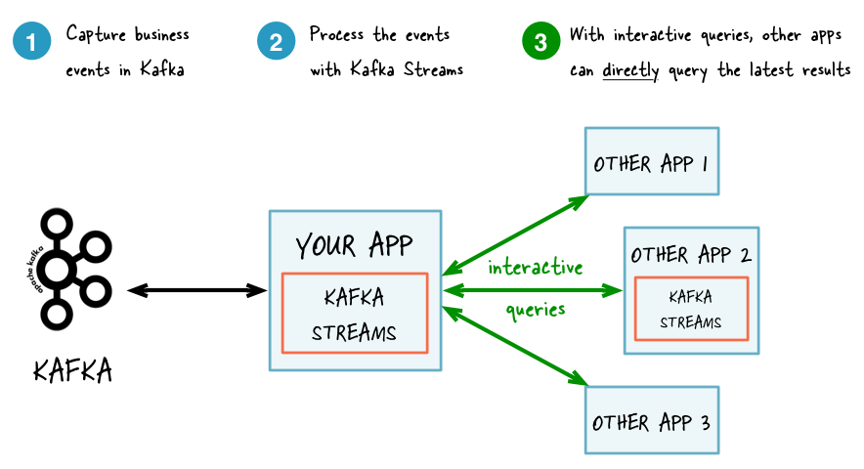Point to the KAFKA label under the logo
(x=72, y=371)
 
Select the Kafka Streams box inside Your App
(x=355, y=313)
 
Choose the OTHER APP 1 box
(x=651, y=162)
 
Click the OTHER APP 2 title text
(x=691, y=255)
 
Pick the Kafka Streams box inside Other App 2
(x=691, y=309)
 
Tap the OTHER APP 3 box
(x=651, y=421)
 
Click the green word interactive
(x=536, y=267)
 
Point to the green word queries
(x=536, y=310)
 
